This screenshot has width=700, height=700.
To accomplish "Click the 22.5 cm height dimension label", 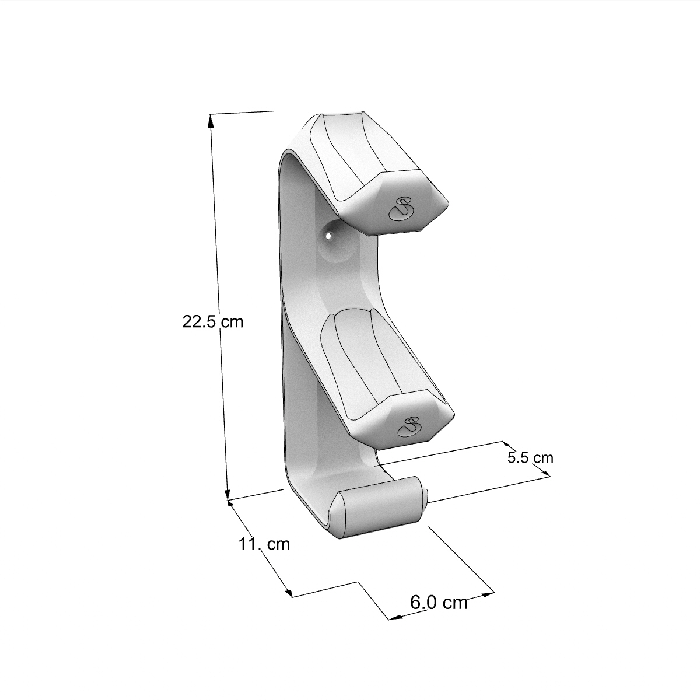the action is click(212, 322).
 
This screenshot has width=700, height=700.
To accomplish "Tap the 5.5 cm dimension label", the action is click(530, 458).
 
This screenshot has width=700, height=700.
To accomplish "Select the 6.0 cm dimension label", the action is click(439, 603).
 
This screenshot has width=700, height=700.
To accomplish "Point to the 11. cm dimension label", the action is click(264, 544).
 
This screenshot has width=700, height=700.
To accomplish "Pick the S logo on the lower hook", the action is click(409, 426).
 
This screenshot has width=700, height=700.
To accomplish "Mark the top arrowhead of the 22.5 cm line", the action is click(211, 120).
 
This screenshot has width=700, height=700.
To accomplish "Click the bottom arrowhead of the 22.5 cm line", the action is click(227, 494).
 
